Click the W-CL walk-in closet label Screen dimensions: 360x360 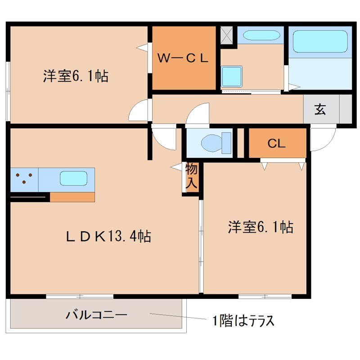[182, 58]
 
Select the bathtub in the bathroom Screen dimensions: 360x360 [319, 43]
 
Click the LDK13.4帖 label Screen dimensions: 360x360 [108, 235]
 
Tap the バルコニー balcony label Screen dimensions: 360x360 [96, 315]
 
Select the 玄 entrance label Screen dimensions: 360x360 [320, 109]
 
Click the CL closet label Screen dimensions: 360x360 [276, 144]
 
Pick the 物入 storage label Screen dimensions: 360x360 [191, 176]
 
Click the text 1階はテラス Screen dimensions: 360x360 [243, 321]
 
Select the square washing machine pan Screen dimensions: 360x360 [232, 76]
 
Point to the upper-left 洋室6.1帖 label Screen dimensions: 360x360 [75, 76]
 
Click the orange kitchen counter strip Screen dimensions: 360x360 [72, 197]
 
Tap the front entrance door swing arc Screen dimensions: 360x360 [322, 139]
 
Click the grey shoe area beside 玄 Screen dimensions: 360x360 [345, 109]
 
